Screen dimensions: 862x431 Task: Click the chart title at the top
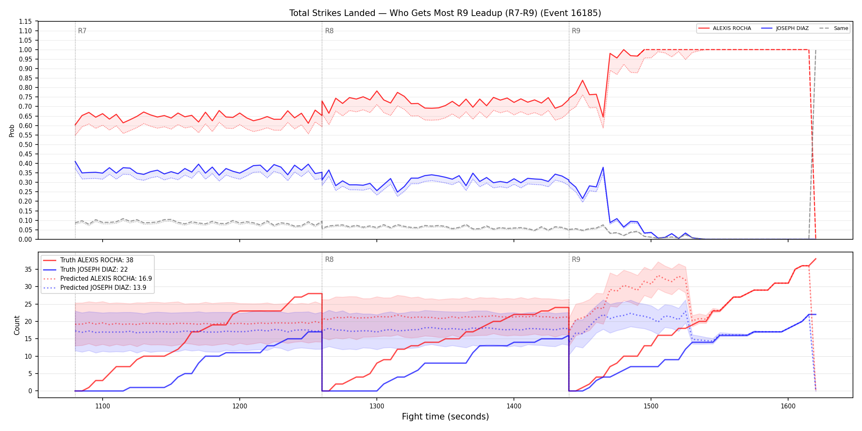445,13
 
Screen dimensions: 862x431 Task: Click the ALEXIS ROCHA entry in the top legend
724,28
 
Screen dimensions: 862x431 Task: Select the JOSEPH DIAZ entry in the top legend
785,28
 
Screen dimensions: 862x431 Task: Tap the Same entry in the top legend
834,28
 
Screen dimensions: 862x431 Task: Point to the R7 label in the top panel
82,31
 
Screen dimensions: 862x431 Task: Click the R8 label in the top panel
329,31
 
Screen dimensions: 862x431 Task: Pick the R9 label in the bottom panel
576,259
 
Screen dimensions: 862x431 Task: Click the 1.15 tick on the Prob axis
25,21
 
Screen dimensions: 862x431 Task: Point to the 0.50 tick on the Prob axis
25,144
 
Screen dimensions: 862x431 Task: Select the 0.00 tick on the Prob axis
25,239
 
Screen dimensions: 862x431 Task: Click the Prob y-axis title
12,131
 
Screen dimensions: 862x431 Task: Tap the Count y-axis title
17,325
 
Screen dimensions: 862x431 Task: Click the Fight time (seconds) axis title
445,417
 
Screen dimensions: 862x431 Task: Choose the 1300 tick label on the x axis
377,406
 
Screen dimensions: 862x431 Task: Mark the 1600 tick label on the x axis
788,406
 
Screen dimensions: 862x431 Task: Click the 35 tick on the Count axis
28,269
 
